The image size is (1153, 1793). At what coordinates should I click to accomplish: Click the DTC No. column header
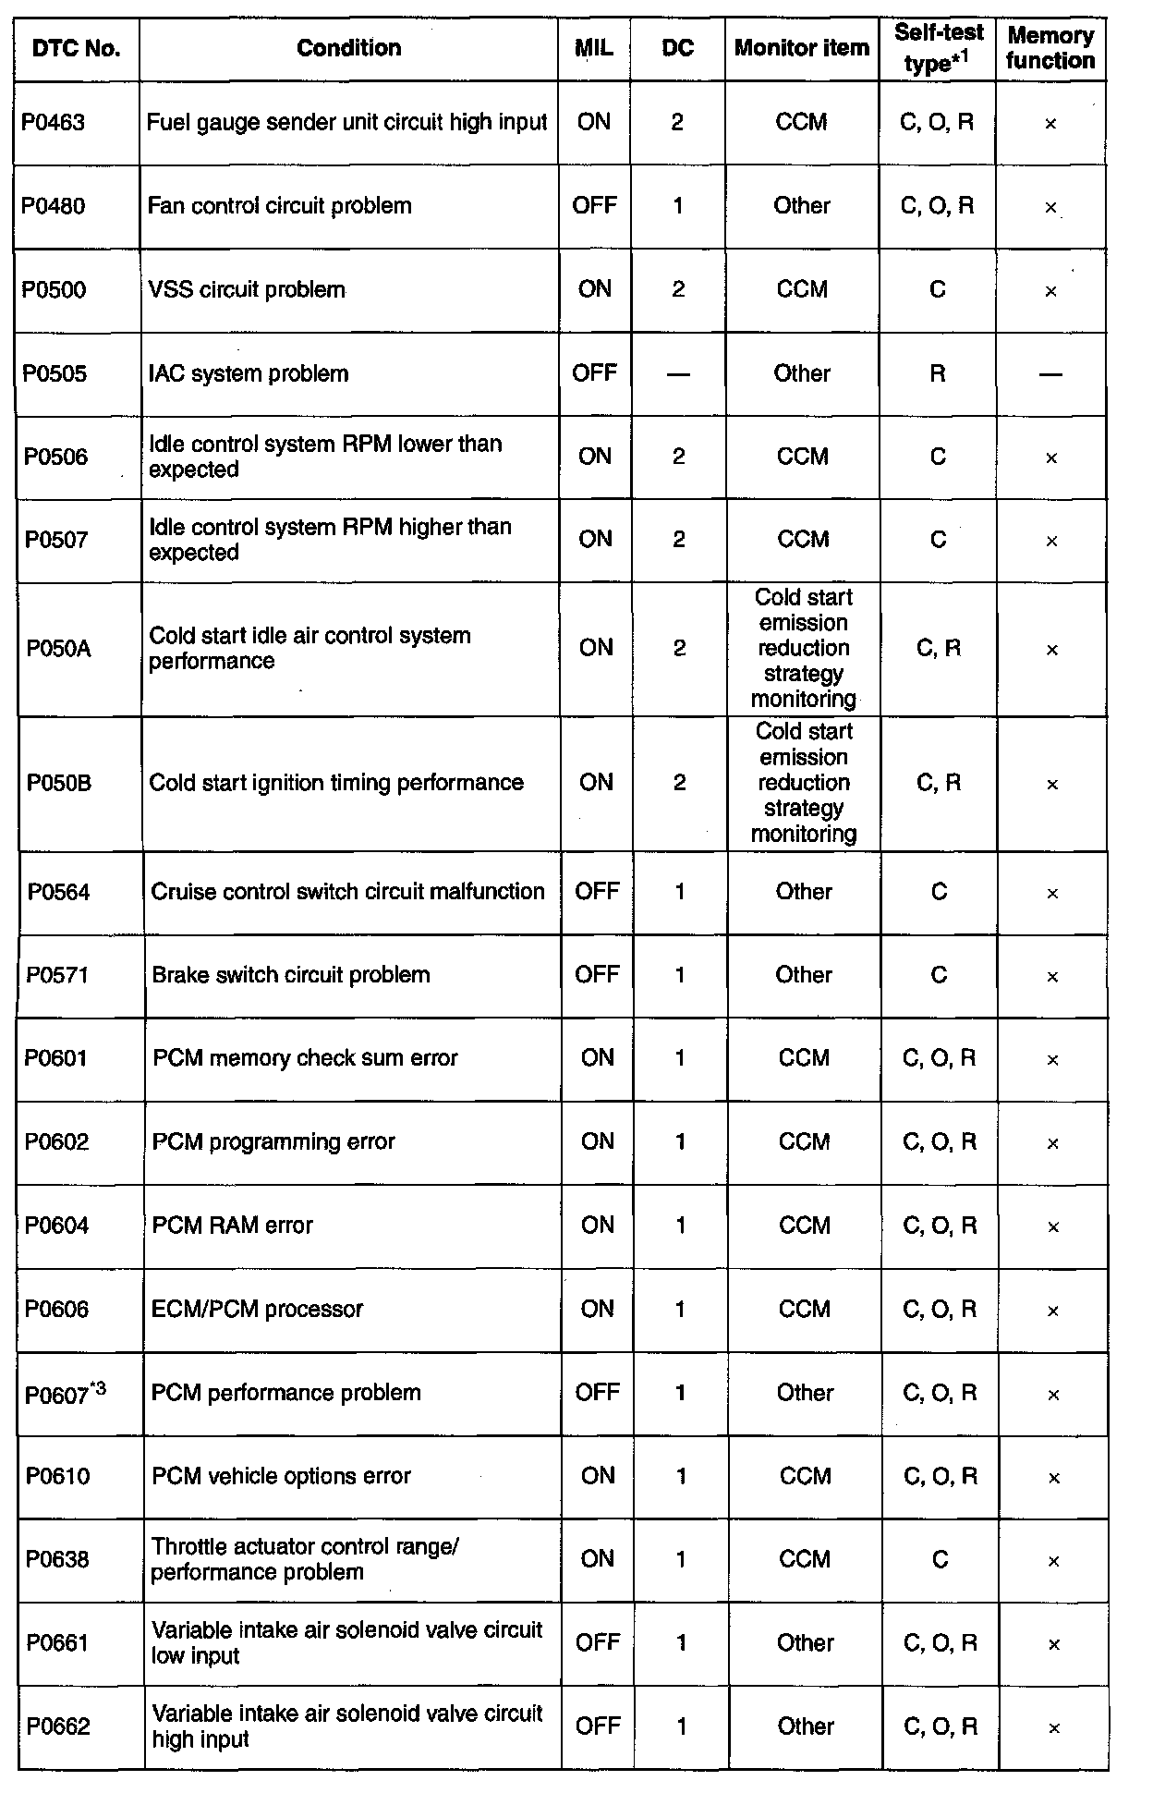[76, 49]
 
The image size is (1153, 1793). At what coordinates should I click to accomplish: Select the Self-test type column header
[938, 49]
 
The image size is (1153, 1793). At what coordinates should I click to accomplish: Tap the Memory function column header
[1050, 49]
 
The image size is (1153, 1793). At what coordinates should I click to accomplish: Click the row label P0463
[54, 123]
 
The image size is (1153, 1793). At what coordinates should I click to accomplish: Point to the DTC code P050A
[58, 649]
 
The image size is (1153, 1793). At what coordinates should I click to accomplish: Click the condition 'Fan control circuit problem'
[279, 206]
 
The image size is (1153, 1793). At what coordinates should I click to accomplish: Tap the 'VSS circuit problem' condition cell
[247, 290]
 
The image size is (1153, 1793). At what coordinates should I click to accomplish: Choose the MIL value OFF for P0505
[594, 373]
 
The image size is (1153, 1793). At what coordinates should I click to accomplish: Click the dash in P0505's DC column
[678, 374]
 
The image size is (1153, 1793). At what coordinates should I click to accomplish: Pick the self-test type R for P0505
[938, 374]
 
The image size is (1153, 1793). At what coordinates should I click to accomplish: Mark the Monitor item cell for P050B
[804, 783]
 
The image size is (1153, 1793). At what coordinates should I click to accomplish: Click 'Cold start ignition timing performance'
[336, 783]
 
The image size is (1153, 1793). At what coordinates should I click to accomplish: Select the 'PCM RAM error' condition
[233, 1226]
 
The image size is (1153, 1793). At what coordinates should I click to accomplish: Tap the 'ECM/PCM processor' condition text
[258, 1310]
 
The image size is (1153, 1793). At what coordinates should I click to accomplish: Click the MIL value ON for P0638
[598, 1559]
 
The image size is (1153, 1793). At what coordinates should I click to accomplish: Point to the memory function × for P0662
[1053, 1727]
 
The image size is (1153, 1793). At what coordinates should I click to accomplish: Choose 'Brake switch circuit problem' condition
[291, 975]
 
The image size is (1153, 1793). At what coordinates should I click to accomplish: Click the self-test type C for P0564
[940, 892]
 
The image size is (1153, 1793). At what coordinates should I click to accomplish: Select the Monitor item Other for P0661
[805, 1643]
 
